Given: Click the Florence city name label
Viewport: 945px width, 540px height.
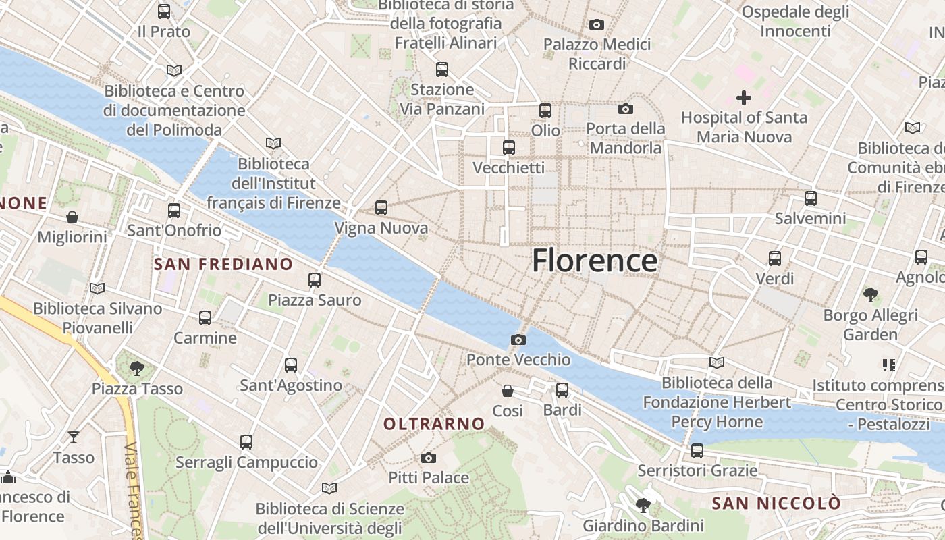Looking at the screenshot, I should click(x=595, y=261).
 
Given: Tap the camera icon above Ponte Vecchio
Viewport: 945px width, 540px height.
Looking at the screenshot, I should click(x=518, y=340).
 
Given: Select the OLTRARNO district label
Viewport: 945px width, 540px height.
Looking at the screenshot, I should click(x=434, y=424).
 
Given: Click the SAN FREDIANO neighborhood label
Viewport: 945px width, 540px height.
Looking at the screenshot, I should click(x=223, y=264).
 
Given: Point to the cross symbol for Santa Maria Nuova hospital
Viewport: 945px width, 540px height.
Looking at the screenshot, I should click(x=743, y=98).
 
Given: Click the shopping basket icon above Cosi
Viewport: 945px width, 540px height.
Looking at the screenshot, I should click(x=508, y=391).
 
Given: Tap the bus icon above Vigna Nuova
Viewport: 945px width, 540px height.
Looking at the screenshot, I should click(x=381, y=208).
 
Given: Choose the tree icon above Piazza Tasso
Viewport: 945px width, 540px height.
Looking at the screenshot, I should click(x=137, y=369).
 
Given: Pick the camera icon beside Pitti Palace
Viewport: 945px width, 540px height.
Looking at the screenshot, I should click(x=428, y=458).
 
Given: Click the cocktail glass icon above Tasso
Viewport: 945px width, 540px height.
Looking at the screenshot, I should click(x=74, y=437).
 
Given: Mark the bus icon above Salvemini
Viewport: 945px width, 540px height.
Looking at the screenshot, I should click(x=810, y=198).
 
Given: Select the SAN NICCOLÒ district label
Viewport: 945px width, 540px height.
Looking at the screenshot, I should click(x=776, y=503).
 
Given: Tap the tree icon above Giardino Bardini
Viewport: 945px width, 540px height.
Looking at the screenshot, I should click(x=643, y=506).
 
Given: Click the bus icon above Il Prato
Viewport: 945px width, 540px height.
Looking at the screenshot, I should click(x=163, y=11).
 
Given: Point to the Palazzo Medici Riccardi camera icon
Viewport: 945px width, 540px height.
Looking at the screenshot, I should click(x=597, y=25).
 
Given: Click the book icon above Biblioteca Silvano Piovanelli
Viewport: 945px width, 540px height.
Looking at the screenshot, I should click(x=97, y=289).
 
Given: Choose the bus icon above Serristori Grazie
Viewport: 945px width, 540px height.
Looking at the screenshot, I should click(x=697, y=450).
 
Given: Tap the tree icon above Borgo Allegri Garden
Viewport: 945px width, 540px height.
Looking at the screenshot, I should click(x=871, y=295).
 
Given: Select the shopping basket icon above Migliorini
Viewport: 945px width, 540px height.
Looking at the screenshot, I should click(x=72, y=217).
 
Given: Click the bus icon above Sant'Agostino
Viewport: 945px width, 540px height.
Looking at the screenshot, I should click(x=291, y=365).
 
